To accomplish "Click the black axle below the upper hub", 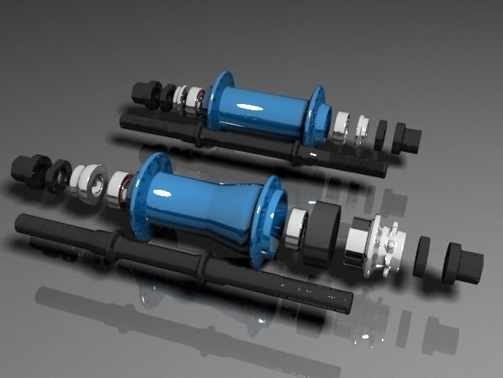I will [x=236, y=142].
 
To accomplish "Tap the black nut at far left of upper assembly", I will [x=145, y=94].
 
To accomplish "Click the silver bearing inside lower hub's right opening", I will [x=295, y=228].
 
